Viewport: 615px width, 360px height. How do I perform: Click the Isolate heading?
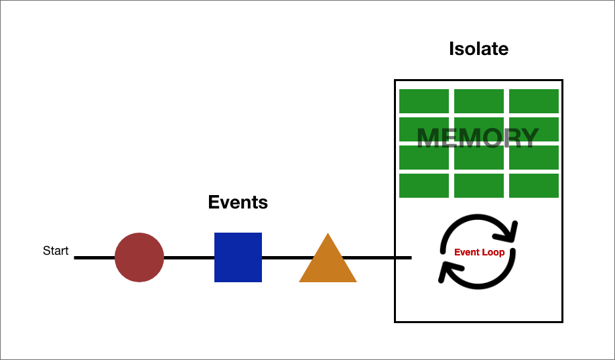478,49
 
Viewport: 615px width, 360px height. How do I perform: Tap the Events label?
238,202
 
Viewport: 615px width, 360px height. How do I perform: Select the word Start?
56,251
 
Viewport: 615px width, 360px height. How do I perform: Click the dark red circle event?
139,257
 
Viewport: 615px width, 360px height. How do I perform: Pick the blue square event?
238,257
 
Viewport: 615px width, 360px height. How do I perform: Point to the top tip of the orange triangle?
328,235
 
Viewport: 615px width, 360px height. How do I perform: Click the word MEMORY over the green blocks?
478,138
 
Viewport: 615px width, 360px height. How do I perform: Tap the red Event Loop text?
479,253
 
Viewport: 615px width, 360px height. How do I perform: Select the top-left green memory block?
424,101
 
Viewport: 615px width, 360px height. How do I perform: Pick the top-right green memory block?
534,101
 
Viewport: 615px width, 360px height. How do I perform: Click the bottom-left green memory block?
424,186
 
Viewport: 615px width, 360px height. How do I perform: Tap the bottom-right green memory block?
534,186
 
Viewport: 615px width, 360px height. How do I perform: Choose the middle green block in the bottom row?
479,186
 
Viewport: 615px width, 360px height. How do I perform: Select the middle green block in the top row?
479,101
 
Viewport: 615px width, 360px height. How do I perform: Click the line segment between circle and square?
189,257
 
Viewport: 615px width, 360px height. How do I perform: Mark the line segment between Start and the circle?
94,257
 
